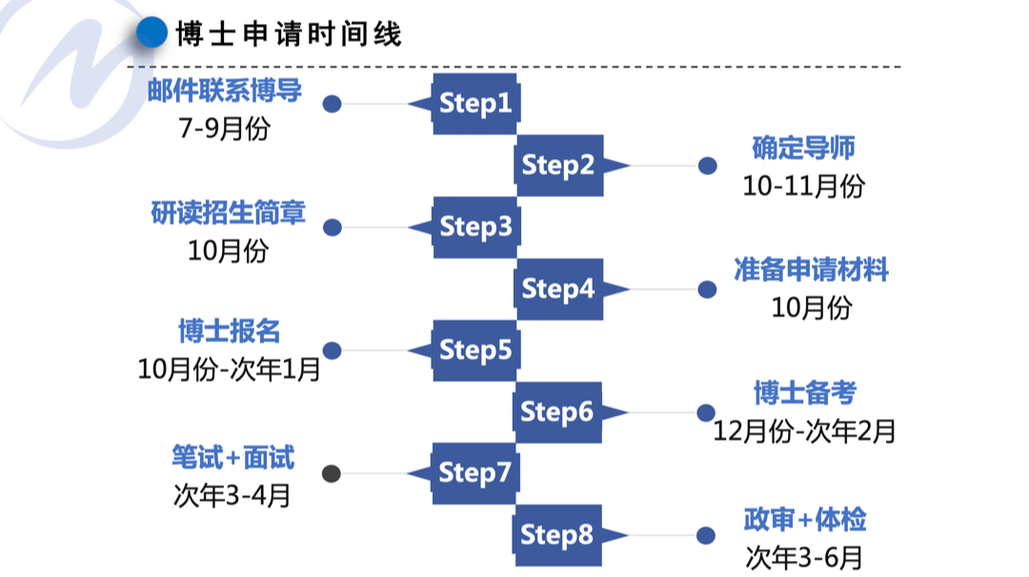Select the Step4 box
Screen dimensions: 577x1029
(558, 288)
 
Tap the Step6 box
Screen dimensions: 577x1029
(558, 411)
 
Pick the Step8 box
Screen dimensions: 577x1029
(558, 535)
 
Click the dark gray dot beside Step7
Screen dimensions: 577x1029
(332, 473)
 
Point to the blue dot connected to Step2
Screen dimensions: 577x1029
(707, 166)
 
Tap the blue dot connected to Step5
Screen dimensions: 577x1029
(332, 350)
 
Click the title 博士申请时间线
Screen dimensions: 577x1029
(289, 34)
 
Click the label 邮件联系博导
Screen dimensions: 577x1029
(225, 90)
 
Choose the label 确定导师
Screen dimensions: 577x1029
(803, 148)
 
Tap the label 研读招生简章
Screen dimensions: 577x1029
(228, 213)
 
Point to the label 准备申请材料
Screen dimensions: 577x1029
(811, 270)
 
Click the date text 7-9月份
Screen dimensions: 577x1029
(224, 129)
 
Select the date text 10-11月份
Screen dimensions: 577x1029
(803, 186)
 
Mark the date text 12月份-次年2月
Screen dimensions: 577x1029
(805, 431)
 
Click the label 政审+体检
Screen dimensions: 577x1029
(805, 520)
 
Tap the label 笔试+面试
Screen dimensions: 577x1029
(232, 458)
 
